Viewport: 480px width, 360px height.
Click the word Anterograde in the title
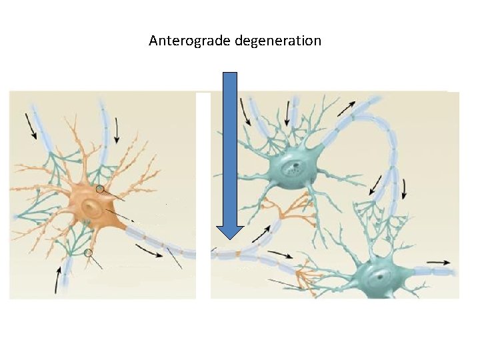tap(190, 41)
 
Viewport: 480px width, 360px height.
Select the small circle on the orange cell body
tap(100, 189)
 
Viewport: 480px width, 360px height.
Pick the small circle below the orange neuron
tap(88, 253)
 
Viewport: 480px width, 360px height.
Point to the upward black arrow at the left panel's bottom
tap(58, 279)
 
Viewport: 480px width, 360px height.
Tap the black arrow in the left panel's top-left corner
tap(31, 125)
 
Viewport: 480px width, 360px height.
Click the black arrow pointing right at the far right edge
tap(438, 262)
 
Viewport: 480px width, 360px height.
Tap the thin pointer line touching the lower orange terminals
tap(283, 285)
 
